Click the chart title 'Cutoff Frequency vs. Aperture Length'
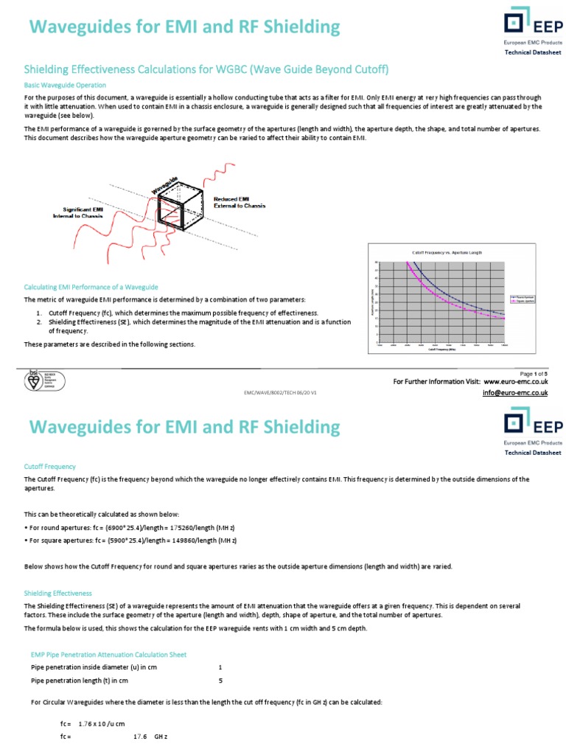click(446, 253)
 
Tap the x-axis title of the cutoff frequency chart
click(442, 349)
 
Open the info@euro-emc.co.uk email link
click(516, 393)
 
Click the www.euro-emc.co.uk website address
click(516, 382)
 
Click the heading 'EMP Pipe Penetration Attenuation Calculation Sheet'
click(108, 654)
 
